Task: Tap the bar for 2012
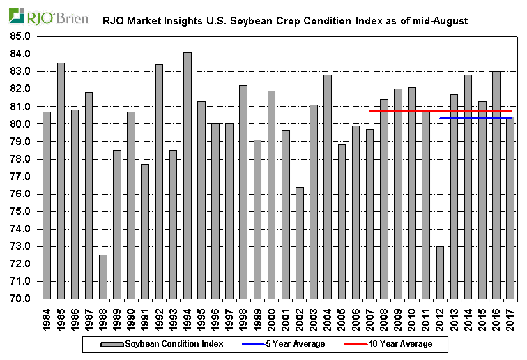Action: [440, 272]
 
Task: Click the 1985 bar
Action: [61, 181]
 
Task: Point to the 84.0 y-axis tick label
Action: [20, 54]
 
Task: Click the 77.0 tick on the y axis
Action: [20, 177]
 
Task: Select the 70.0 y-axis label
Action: [20, 299]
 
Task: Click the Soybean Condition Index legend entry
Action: [165, 344]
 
